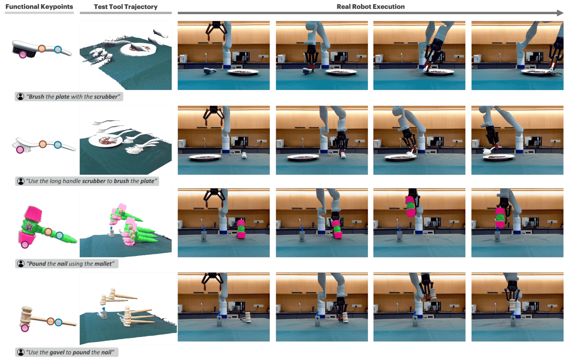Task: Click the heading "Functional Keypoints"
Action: tap(39, 7)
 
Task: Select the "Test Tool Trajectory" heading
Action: tap(126, 7)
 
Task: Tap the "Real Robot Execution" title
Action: tap(371, 7)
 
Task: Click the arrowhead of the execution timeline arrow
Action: tap(560, 13)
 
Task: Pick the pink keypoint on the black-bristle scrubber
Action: tap(23, 54)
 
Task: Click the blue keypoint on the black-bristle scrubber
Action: tap(58, 49)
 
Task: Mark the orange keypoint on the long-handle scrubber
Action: tap(42, 144)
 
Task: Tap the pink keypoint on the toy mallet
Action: tap(25, 245)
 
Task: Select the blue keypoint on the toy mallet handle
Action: tap(59, 236)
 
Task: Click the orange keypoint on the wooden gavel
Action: tap(51, 321)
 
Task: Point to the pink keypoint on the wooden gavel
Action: tap(25, 328)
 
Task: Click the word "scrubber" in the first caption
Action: tap(106, 97)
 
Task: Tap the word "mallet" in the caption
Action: tap(103, 264)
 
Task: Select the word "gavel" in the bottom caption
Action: tap(57, 353)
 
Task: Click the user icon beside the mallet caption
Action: tap(21, 264)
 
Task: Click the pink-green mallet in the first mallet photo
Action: tap(241, 229)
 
